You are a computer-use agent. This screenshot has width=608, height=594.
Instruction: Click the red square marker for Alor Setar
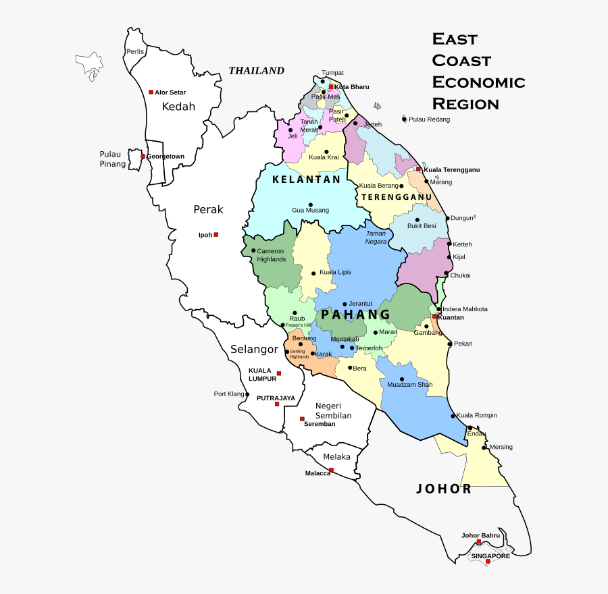coord(151,92)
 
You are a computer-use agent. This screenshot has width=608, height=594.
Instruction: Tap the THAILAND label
coord(256,71)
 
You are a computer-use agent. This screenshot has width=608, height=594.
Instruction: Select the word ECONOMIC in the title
coord(478,82)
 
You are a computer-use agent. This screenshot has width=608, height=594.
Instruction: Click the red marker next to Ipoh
coord(216,235)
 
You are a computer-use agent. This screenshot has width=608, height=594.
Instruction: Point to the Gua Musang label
coord(310,211)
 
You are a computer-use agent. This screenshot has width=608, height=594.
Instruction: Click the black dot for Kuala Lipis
coord(313,273)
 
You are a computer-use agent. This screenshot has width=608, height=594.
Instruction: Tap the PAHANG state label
coord(356,315)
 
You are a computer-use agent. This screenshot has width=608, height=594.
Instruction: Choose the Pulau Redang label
coord(429,119)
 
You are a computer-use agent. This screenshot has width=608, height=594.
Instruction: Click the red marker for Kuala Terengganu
coord(419,169)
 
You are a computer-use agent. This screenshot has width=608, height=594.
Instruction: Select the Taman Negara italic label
coord(376,237)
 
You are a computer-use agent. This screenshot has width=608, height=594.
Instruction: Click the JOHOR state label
coord(444,489)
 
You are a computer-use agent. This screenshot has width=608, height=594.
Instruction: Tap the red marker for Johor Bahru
coord(479,542)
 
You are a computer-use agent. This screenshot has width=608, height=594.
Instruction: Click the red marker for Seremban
coord(302,418)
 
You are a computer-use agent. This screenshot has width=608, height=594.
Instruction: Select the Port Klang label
coord(228,394)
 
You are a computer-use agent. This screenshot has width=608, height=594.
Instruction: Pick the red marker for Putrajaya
coord(277,404)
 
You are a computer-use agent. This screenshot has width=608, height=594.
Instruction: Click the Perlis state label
coord(135,52)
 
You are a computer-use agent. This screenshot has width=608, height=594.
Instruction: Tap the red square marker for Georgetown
coord(143,157)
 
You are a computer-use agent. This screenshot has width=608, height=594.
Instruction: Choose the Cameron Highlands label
coord(271,255)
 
